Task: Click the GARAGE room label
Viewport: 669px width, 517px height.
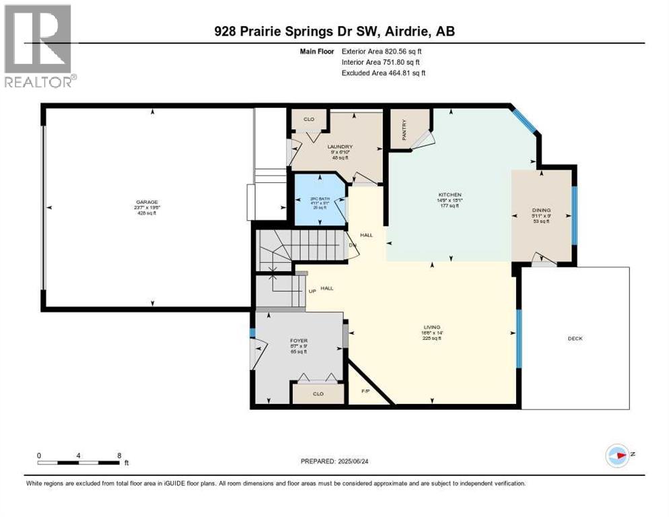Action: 146,202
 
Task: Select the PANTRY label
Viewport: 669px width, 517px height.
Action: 404,129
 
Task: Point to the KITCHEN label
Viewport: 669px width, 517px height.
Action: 450,195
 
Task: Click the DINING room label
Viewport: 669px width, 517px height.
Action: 541,210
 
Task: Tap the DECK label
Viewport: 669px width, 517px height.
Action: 575,339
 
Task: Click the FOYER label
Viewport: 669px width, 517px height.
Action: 298,341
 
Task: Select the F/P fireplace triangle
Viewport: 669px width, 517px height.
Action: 365,391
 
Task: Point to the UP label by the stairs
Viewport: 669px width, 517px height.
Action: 312,291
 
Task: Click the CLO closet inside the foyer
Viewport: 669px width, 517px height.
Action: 318,394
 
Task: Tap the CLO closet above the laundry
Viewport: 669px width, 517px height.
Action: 309,119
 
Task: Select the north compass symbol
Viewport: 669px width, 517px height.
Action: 618,456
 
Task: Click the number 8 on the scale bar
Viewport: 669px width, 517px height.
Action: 119,456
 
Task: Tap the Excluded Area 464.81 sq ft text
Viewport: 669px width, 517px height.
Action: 383,73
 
